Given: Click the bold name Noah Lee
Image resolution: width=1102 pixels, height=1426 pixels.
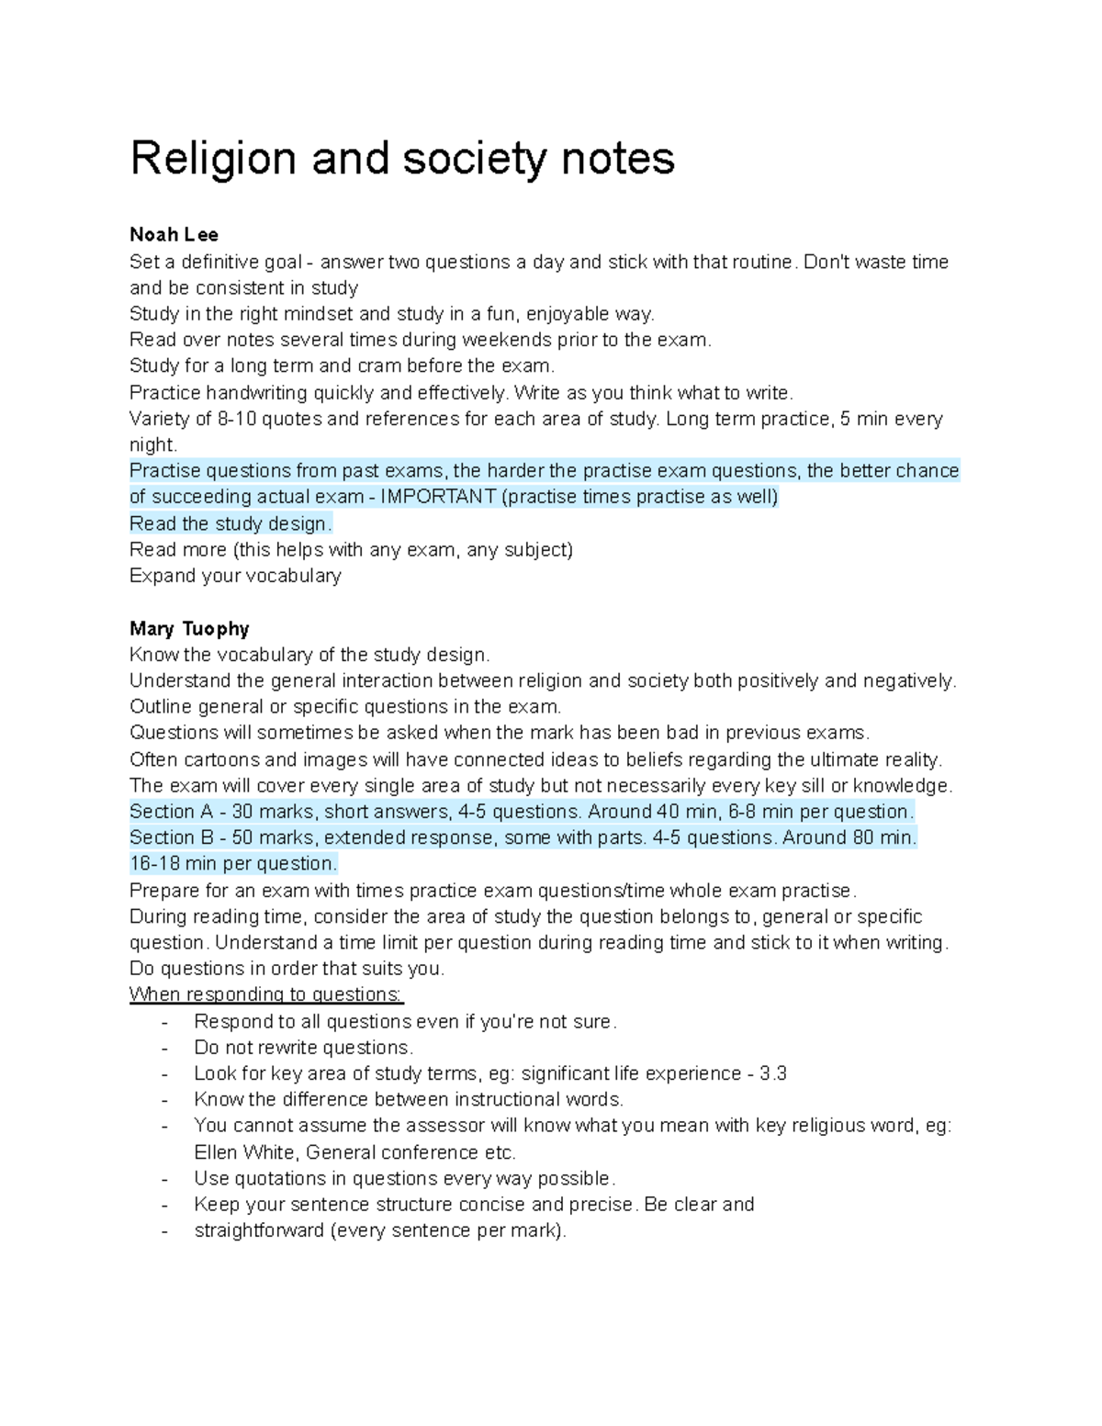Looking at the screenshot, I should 174,235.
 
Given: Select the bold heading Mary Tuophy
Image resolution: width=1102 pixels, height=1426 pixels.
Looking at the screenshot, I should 189,629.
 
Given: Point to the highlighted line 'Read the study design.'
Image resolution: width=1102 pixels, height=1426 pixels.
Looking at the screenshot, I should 231,524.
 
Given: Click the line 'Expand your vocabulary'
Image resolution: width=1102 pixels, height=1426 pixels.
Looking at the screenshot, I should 235,576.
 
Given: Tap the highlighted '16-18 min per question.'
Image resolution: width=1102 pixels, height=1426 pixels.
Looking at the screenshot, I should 233,864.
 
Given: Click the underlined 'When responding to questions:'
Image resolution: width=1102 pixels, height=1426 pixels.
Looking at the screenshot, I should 266,994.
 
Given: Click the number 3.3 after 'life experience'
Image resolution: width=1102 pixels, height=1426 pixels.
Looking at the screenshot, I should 773,1073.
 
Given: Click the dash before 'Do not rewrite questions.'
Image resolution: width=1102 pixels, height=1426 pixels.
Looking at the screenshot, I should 164,1049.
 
